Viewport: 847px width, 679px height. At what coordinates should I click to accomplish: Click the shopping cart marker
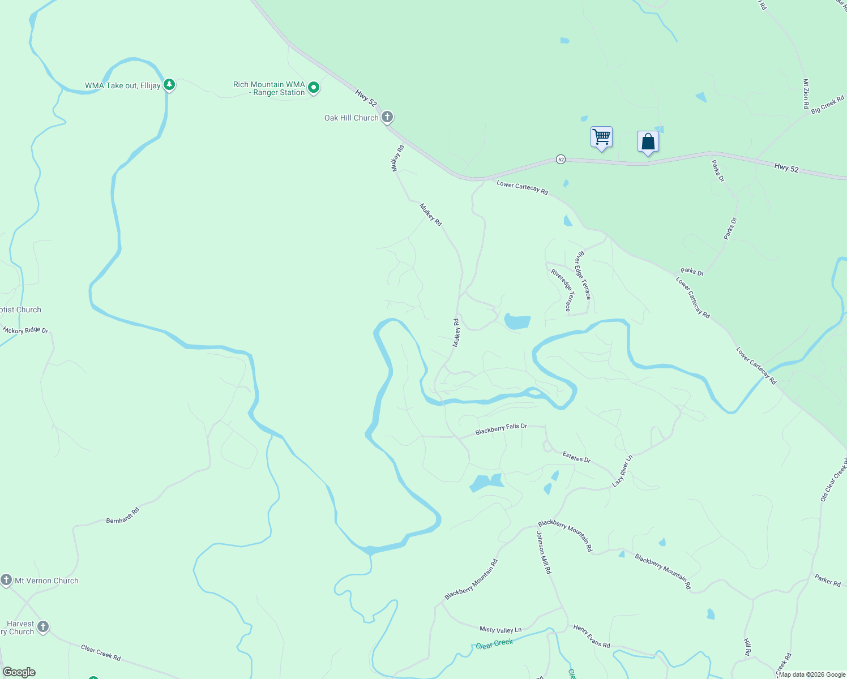click(601, 137)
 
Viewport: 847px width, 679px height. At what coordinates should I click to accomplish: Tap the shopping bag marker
click(648, 141)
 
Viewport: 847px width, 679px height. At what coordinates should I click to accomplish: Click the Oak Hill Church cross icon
click(387, 118)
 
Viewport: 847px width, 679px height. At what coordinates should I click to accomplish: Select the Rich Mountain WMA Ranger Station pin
click(314, 88)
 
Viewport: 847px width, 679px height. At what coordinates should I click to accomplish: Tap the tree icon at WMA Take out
click(169, 85)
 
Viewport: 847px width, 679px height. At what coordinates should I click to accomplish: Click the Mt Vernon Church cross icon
click(6, 580)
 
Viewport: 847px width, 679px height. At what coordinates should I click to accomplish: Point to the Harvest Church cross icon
click(42, 627)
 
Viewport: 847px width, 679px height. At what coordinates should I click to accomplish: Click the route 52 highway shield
click(561, 160)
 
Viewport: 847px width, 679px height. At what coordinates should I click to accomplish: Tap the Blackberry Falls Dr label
click(501, 429)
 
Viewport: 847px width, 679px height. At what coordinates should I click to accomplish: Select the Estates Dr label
click(576, 457)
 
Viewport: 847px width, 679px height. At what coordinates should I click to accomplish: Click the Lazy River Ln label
click(622, 471)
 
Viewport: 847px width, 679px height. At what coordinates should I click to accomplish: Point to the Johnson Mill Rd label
click(544, 553)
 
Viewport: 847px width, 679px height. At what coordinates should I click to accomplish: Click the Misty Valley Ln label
click(500, 629)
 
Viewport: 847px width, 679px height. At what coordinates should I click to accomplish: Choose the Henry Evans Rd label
click(591, 636)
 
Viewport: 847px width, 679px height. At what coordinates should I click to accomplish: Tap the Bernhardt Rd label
click(123, 515)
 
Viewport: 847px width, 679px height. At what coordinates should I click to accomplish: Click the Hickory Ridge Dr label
click(25, 330)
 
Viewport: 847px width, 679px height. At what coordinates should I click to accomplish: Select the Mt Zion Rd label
click(806, 93)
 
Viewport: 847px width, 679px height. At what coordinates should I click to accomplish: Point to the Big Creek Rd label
click(827, 105)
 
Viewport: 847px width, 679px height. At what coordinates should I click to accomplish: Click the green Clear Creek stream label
click(494, 644)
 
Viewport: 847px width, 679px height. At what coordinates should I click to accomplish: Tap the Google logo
click(19, 672)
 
